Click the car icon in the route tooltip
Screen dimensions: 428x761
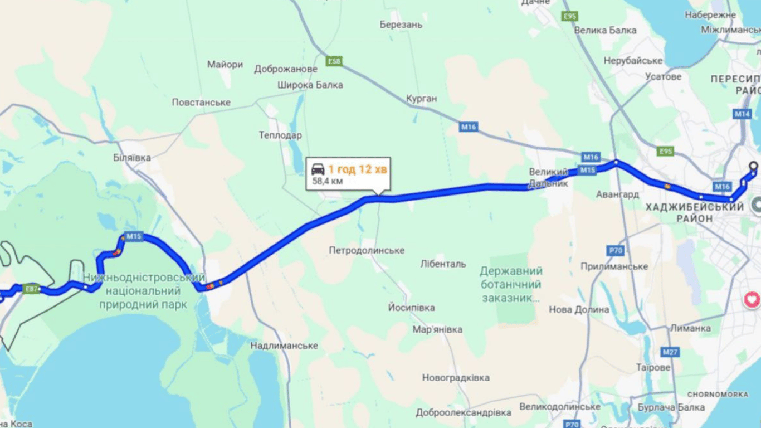tap(318, 169)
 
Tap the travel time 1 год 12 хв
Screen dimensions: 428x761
tap(357, 169)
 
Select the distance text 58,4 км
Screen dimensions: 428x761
tap(328, 181)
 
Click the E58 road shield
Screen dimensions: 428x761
tap(334, 61)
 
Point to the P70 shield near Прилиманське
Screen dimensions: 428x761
tap(616, 251)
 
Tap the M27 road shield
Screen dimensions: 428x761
tap(670, 352)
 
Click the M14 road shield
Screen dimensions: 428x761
tap(742, 114)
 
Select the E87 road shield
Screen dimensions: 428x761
tap(31, 289)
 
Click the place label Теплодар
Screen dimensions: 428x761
tap(280, 135)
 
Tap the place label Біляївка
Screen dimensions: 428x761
tap(132, 158)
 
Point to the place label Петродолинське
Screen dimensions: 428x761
tap(367, 250)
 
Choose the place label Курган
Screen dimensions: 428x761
tap(422, 99)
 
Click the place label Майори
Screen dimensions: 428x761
tap(225, 65)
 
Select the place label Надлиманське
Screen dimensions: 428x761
tap(284, 346)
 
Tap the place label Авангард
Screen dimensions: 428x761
tap(617, 194)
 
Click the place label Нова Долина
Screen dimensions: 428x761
tap(579, 309)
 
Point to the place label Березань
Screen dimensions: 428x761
tap(401, 25)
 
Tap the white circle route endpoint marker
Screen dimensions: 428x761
tap(753, 165)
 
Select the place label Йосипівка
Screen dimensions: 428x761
tap(412, 308)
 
